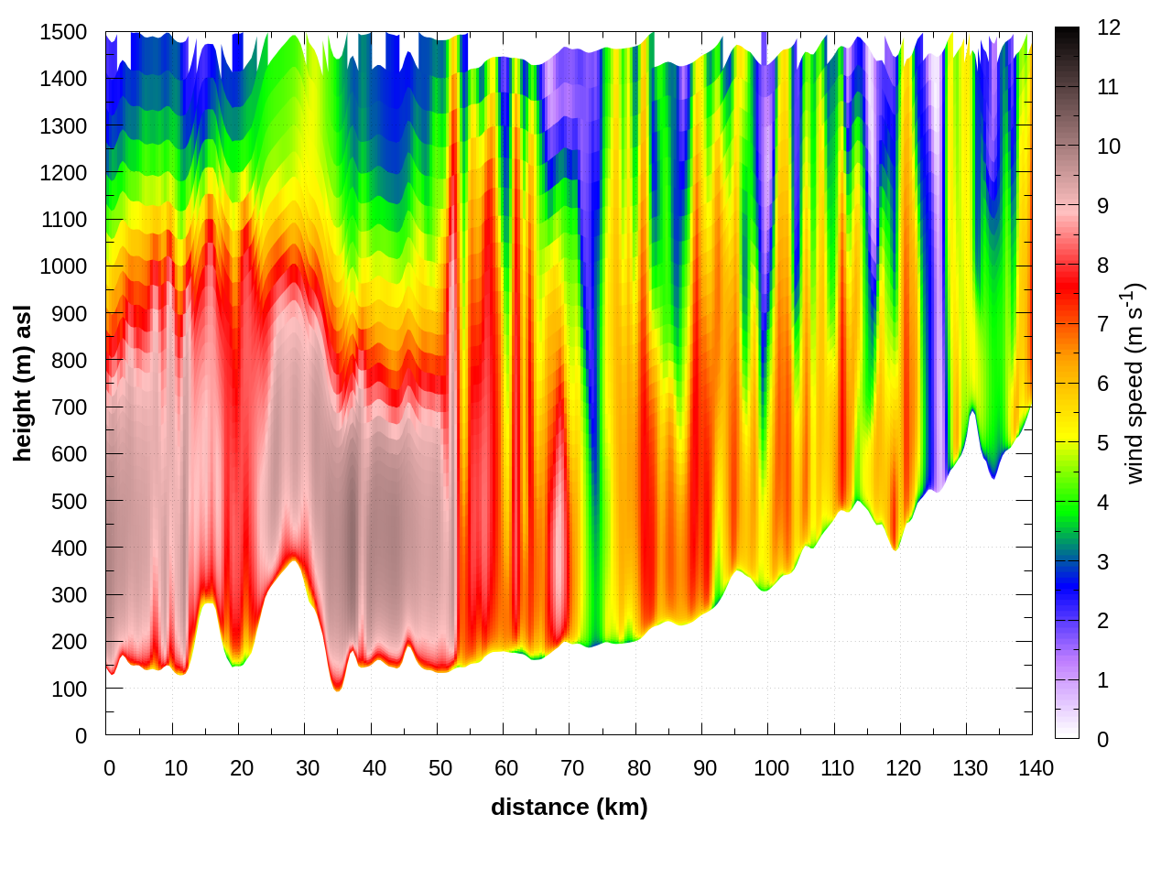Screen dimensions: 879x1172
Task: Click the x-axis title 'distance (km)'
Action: [x=569, y=807]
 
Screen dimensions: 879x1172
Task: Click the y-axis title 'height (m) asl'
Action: [x=23, y=383]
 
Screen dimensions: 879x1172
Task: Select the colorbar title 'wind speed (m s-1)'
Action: [x=1134, y=383]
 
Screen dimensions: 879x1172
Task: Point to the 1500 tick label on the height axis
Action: [x=63, y=32]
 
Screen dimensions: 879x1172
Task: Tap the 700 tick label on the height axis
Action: [x=70, y=407]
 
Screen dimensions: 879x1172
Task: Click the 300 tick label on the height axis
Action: [x=70, y=595]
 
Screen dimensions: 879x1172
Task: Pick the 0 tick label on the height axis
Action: [x=81, y=736]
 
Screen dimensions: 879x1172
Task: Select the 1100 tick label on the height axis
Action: [x=63, y=220]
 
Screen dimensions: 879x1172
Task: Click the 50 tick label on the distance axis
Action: [x=440, y=768]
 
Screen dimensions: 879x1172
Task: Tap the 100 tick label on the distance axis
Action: [x=771, y=768]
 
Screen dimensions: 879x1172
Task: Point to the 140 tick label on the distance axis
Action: [x=1036, y=768]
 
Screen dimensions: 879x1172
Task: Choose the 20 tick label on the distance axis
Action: [x=242, y=768]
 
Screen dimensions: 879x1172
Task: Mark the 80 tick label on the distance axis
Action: [x=639, y=768]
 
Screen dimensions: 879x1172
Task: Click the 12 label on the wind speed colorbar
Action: [x=1109, y=27]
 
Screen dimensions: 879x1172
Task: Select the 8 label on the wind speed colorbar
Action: [x=1102, y=266]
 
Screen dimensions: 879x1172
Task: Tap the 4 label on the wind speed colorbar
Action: [x=1102, y=503]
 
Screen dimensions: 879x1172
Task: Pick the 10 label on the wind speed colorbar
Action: [x=1109, y=146]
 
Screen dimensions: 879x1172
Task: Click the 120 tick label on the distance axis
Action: [x=903, y=768]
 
